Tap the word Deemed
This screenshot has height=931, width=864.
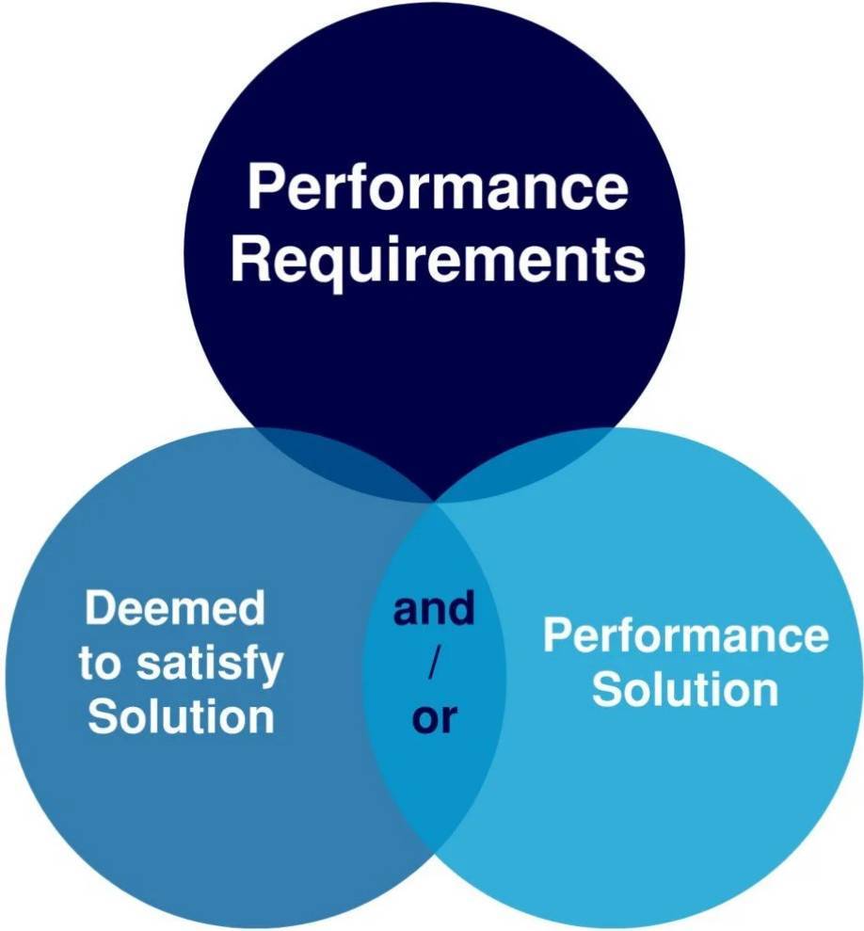(175, 609)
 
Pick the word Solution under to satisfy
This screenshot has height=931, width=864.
(181, 717)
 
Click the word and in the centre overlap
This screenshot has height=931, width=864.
(434, 610)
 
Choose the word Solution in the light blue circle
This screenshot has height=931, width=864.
(685, 690)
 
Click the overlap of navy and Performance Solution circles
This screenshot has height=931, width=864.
(527, 461)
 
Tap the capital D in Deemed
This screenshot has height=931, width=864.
(100, 609)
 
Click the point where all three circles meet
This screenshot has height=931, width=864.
(435, 503)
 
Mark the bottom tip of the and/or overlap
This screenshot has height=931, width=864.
(435, 853)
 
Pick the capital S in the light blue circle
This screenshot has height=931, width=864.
(607, 690)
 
